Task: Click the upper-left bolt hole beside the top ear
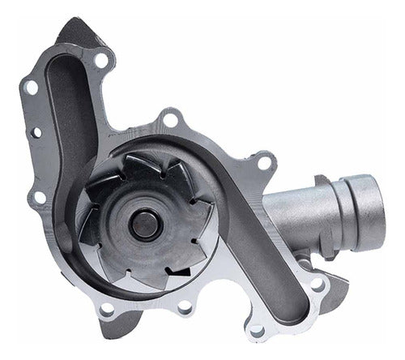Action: (30, 85)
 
